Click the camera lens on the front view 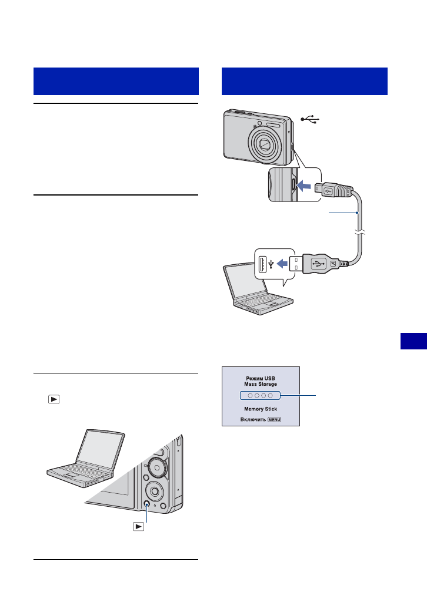[264, 144]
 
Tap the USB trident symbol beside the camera [309, 119]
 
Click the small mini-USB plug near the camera [328, 190]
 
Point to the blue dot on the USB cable [358, 213]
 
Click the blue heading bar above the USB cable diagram [305, 81]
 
